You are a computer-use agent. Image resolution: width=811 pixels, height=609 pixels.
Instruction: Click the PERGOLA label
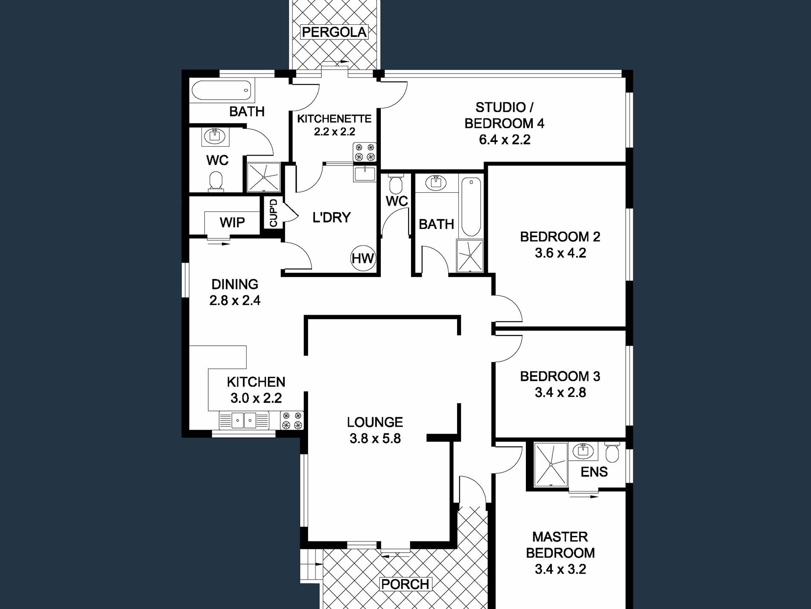(x=334, y=32)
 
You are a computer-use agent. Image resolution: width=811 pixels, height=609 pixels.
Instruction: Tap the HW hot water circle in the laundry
(x=363, y=258)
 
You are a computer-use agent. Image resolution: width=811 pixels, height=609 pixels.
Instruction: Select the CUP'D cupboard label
(x=274, y=212)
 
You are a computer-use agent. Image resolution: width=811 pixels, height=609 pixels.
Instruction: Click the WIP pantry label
(x=232, y=222)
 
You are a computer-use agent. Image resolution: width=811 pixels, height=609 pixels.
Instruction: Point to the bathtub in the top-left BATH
(x=222, y=90)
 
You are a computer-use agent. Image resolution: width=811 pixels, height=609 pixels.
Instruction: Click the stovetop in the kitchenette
(x=365, y=152)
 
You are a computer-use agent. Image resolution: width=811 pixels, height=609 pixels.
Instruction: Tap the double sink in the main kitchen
(x=244, y=420)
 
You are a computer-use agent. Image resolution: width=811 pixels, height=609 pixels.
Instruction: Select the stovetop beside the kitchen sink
(x=292, y=420)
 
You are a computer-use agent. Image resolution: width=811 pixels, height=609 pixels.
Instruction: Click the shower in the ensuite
(x=551, y=464)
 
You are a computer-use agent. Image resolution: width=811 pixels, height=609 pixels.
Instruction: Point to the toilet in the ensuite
(x=612, y=452)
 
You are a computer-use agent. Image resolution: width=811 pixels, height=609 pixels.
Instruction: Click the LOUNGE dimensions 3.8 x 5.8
(x=375, y=438)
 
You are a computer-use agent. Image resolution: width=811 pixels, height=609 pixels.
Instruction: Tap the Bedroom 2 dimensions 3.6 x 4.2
(x=560, y=253)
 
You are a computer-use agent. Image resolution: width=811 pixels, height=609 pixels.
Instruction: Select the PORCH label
(x=405, y=584)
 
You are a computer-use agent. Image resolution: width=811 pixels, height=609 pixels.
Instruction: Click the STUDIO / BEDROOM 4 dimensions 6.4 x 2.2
(x=505, y=140)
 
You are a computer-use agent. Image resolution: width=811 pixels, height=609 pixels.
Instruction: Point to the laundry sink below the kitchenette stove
(x=365, y=174)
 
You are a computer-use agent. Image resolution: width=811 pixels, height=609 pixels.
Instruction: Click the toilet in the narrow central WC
(x=396, y=184)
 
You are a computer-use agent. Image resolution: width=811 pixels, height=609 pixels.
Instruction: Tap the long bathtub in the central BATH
(x=471, y=207)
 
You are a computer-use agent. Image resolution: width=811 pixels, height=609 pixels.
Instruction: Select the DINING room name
(x=235, y=284)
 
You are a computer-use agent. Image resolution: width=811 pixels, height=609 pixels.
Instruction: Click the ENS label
(x=594, y=472)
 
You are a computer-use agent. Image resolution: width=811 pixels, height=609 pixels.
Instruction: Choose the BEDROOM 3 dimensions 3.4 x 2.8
(x=560, y=393)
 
